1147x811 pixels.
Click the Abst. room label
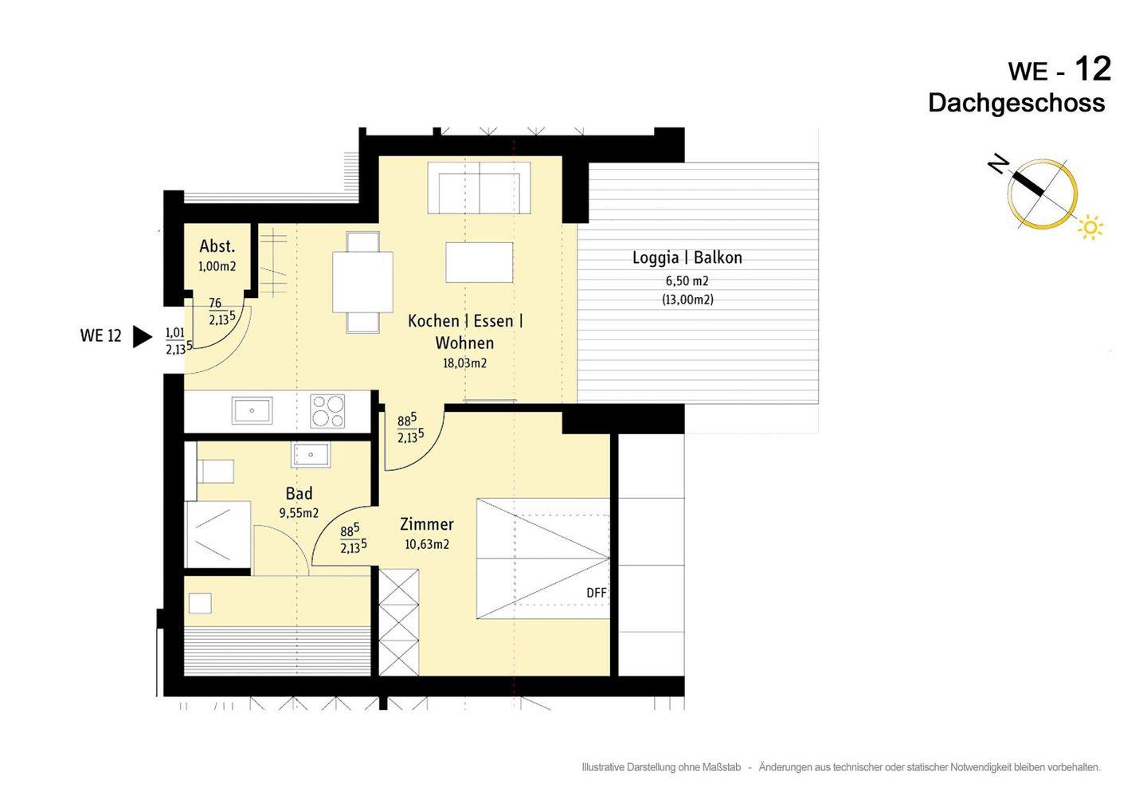tap(217, 246)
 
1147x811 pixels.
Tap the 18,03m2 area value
tap(464, 363)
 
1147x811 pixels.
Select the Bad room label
tap(299, 494)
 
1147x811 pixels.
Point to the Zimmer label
tap(427, 524)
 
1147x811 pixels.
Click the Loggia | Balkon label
tap(687, 257)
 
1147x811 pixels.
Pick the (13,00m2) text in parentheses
tap(687, 300)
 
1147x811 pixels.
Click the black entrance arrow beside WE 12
tap(143, 336)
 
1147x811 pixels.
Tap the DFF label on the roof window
tap(597, 593)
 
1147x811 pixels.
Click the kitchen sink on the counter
tap(252, 410)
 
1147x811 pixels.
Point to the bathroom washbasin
tap(311, 455)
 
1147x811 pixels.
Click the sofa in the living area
tap(480, 188)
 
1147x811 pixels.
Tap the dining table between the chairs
tap(362, 282)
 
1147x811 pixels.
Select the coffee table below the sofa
tap(480, 262)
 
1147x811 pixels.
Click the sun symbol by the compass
tap(1090, 227)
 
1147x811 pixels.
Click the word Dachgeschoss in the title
tap(1016, 104)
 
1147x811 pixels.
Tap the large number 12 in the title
tap(1093, 69)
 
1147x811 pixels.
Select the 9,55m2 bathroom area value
tap(299, 513)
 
